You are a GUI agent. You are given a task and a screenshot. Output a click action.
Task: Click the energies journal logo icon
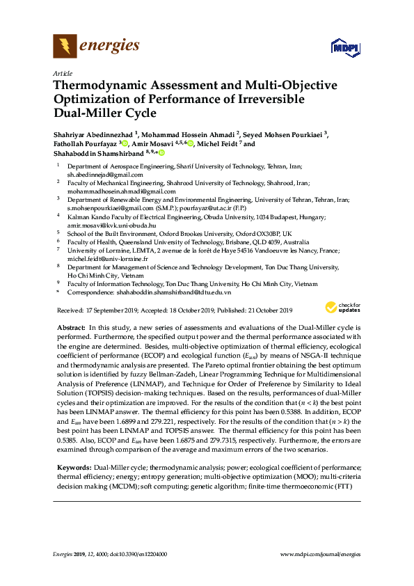65,47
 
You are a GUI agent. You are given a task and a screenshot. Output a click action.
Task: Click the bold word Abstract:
70,327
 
